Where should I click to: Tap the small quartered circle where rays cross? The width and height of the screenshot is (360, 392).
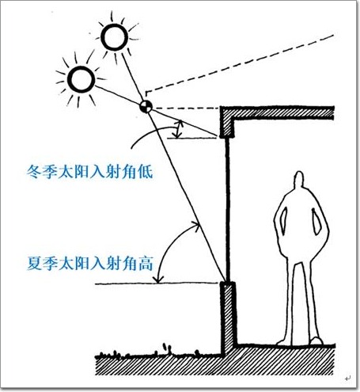[x=146, y=106]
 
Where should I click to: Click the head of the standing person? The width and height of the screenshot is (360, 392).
[x=299, y=179]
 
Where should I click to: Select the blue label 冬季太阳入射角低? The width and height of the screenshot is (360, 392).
[x=89, y=172]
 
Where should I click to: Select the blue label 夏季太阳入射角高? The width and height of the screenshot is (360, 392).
[x=90, y=263]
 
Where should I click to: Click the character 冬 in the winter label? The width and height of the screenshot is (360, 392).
[x=34, y=172]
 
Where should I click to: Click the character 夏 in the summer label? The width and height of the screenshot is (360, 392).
[x=35, y=263]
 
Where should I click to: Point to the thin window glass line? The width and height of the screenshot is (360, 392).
[x=228, y=210]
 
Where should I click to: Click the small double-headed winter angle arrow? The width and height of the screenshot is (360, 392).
[x=179, y=129]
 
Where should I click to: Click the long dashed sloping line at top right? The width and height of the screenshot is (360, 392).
[x=240, y=63]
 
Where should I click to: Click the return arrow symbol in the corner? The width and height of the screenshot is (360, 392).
[x=347, y=379]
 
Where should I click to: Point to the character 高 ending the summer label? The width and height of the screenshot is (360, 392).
[x=146, y=263]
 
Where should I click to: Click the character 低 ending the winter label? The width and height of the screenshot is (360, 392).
[x=146, y=172]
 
